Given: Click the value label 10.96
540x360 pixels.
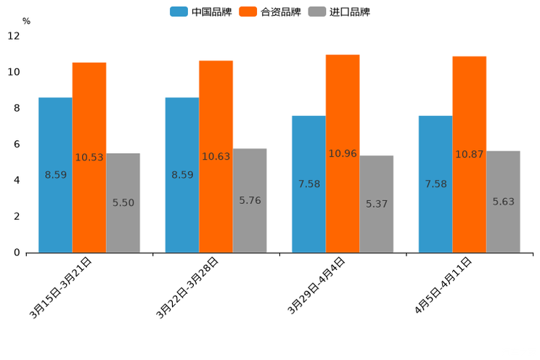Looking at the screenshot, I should point(343,154).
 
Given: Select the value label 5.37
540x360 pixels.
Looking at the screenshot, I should point(377,205).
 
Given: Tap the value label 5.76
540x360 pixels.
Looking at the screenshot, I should point(250,200).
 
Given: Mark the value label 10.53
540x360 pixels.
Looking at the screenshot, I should point(89,157).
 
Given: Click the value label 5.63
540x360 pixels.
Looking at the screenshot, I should point(503,202).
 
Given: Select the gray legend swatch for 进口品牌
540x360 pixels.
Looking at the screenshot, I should point(317,12).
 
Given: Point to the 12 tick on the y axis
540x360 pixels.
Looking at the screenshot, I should point(14,36).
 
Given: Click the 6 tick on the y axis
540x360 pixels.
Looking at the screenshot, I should point(16,144).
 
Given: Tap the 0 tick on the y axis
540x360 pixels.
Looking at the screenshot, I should point(16,253).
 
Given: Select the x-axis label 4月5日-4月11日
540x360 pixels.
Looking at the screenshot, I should point(443,286).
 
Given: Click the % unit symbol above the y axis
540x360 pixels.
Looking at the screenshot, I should point(26,22).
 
